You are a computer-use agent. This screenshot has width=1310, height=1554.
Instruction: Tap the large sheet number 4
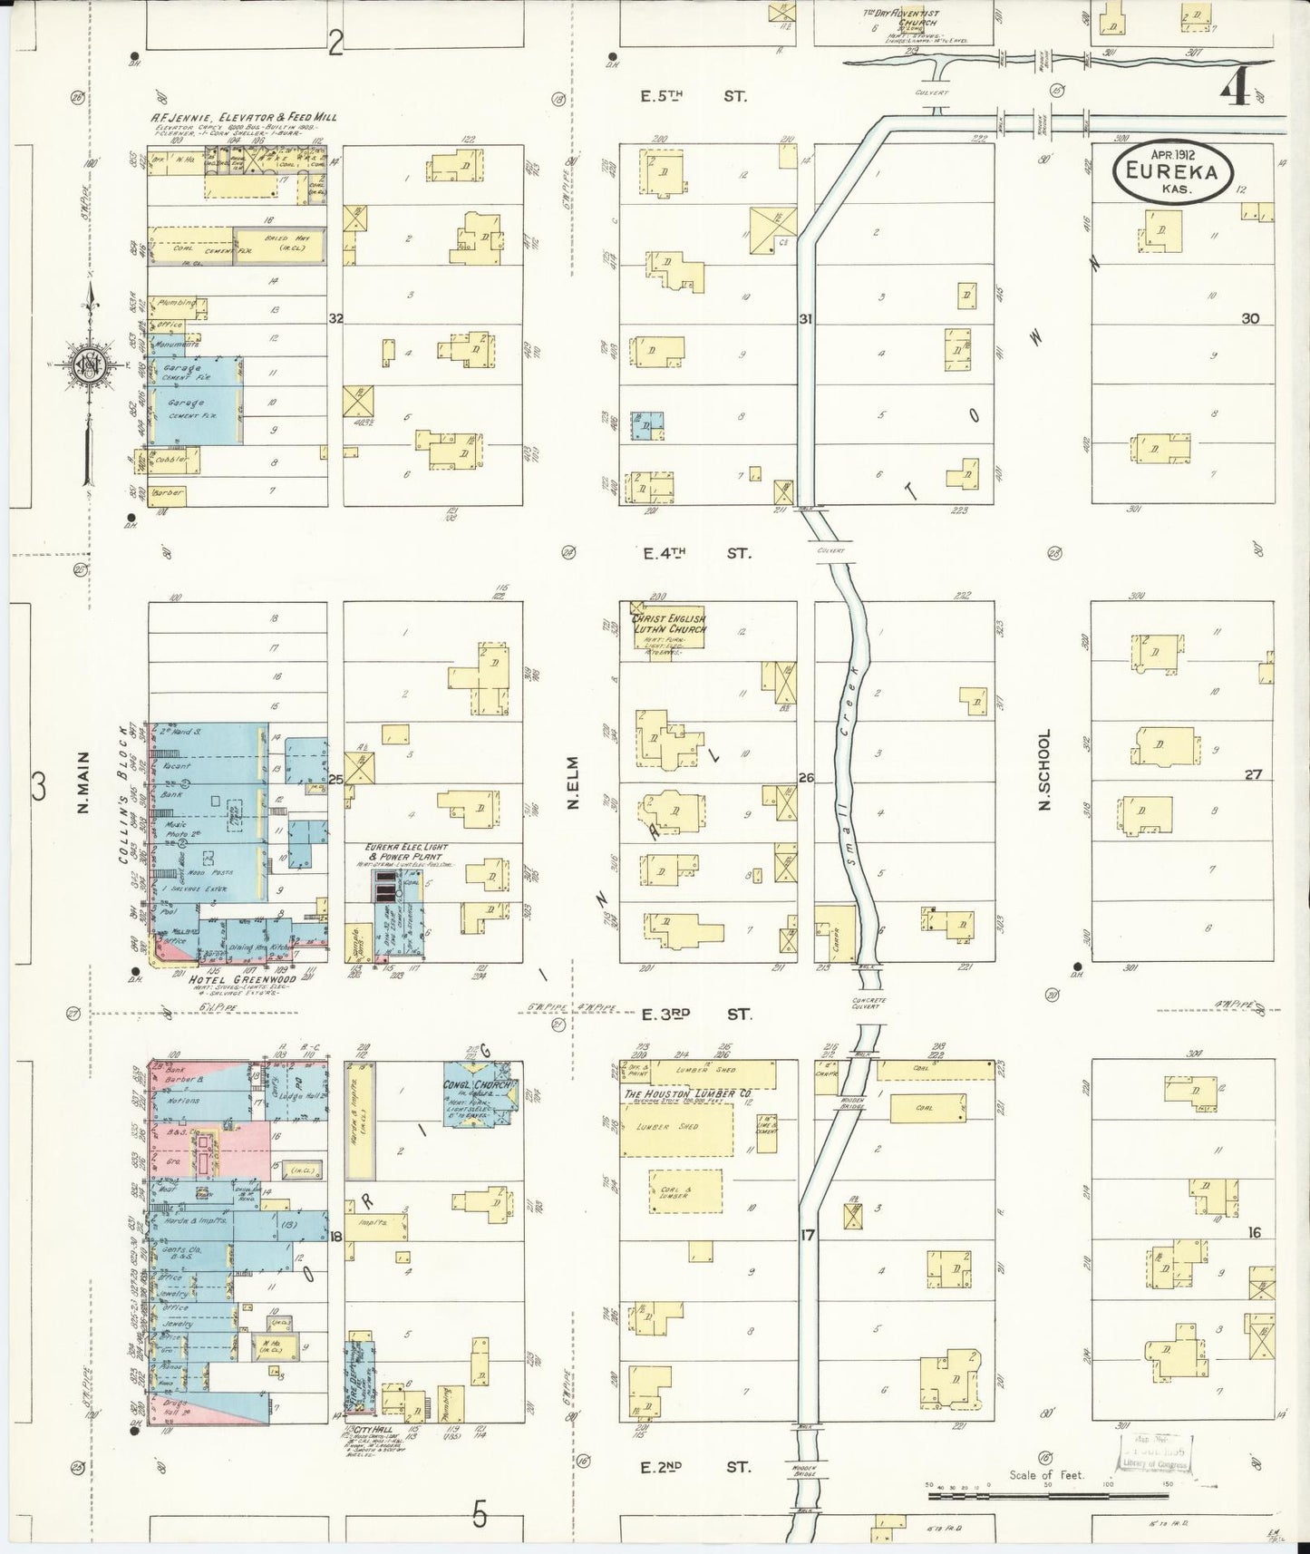tap(1236, 88)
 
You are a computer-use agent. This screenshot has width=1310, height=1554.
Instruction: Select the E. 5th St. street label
tap(694, 95)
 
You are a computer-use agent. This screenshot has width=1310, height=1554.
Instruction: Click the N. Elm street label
tap(573, 782)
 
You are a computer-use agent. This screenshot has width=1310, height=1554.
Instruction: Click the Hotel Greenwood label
tap(230, 980)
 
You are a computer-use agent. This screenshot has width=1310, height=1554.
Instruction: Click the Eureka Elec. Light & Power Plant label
tap(403, 851)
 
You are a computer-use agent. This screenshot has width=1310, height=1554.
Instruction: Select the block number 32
tap(335, 318)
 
